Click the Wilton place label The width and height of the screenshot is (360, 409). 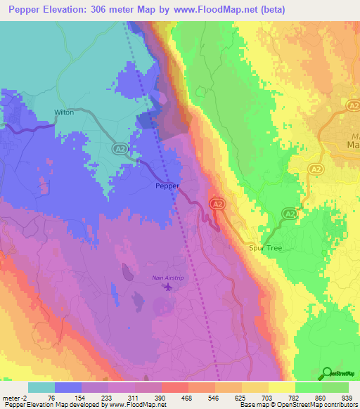(x=64, y=112)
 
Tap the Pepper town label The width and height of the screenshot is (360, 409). (x=167, y=187)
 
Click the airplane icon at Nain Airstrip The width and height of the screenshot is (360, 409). (x=167, y=286)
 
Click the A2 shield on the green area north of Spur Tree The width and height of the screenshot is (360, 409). (x=289, y=212)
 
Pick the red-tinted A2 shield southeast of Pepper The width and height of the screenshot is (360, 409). (x=218, y=202)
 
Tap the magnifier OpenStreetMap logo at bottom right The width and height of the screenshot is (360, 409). (x=326, y=374)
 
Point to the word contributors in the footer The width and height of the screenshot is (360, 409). (x=340, y=405)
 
